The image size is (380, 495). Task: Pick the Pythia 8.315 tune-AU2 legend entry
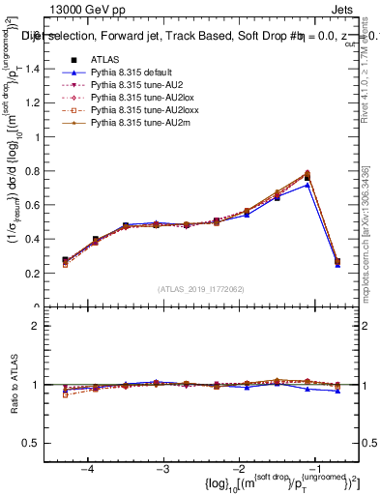[x=134, y=85]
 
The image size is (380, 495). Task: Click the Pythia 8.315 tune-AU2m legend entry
[x=136, y=123]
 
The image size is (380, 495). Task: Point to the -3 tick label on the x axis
[x=162, y=468]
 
